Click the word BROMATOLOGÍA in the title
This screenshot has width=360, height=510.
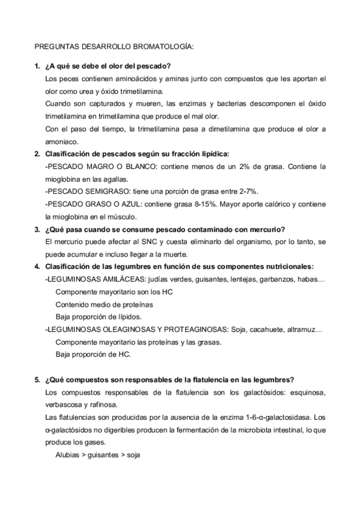point(162,46)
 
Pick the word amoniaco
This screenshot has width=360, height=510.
point(62,142)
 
